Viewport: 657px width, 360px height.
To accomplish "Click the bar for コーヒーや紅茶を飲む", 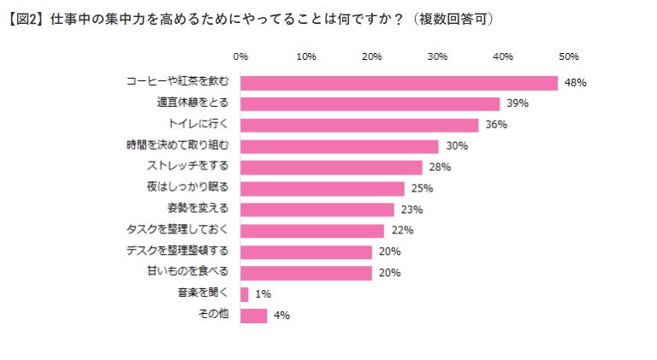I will click(x=399, y=83).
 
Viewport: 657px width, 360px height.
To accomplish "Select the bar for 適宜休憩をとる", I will click(x=370, y=103).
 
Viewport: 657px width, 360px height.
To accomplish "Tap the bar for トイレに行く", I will click(x=359, y=125).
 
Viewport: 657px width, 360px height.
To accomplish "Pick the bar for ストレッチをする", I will click(x=331, y=167).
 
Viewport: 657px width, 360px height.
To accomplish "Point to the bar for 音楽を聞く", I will click(x=245, y=294).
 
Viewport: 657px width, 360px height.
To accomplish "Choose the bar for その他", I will click(x=254, y=316).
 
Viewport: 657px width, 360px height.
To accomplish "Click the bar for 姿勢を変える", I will click(x=317, y=210).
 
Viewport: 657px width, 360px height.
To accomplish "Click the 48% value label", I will click(x=575, y=83).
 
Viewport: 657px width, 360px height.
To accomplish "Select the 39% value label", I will click(x=517, y=103).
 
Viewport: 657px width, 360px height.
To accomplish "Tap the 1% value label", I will click(x=262, y=294).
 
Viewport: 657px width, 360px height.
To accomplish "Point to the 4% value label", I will click(x=281, y=316).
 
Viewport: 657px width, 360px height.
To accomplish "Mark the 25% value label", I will click(x=422, y=188).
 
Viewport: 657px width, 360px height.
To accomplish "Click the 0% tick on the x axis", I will click(x=240, y=56).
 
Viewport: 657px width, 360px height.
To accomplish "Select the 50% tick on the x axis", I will click(x=569, y=56).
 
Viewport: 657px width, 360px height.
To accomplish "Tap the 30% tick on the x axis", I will click(x=437, y=56).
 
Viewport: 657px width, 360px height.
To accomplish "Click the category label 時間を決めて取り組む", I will click(x=178, y=145).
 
